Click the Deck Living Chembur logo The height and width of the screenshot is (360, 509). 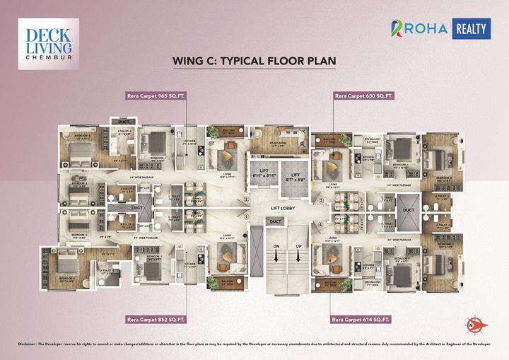pyautogui.click(x=48, y=44)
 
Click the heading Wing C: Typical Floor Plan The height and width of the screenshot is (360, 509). pyautogui.click(x=254, y=62)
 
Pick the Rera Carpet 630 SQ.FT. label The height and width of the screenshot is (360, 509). pyautogui.click(x=364, y=95)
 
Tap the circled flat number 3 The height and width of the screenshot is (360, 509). pyautogui.click(x=320, y=201)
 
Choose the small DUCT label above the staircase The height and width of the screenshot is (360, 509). pyautogui.click(x=275, y=222)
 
